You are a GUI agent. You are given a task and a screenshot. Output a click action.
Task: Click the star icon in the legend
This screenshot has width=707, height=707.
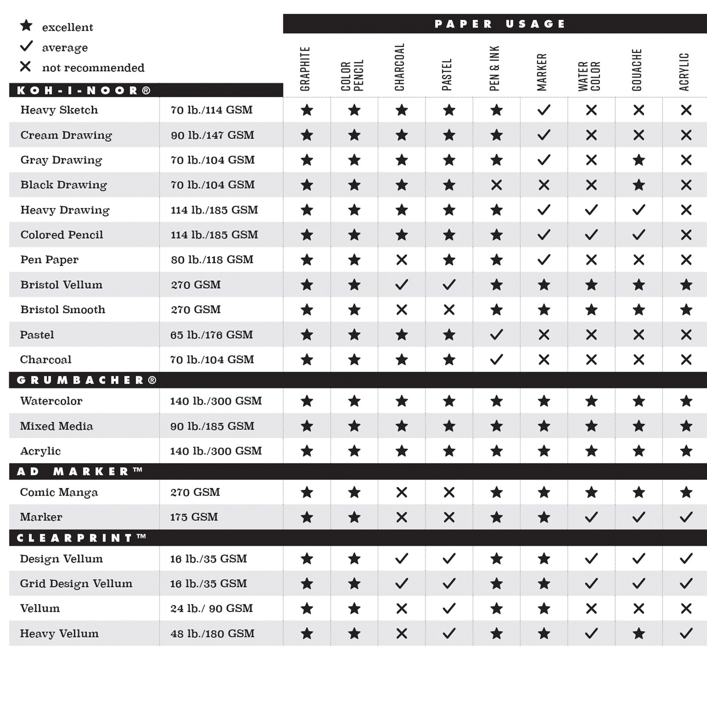click(x=26, y=26)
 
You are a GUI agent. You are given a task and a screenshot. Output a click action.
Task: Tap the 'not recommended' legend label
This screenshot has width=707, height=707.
click(x=93, y=68)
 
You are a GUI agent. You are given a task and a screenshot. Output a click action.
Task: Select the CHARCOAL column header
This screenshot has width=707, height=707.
click(x=400, y=67)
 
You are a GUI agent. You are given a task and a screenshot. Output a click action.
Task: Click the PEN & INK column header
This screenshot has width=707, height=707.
click(x=494, y=68)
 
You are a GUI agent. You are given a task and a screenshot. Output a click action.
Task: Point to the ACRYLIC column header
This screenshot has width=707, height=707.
click(x=684, y=72)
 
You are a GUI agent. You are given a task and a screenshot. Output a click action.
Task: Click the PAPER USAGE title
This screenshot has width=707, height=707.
click(x=500, y=24)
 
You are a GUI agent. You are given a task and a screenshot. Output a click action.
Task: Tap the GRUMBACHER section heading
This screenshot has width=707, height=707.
click(x=86, y=380)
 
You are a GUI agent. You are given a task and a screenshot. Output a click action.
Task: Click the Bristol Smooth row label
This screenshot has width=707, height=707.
click(x=63, y=310)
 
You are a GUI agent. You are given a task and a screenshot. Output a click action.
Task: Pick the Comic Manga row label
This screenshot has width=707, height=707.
click(x=59, y=492)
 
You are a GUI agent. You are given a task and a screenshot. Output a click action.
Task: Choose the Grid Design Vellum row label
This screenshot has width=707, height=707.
click(x=76, y=584)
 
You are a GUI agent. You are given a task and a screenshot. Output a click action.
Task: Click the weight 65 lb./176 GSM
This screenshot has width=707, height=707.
click(x=212, y=335)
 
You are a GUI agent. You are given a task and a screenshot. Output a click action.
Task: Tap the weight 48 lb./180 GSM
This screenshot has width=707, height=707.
click(x=212, y=634)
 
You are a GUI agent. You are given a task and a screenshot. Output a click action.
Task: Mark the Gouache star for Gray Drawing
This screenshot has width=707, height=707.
click(x=639, y=160)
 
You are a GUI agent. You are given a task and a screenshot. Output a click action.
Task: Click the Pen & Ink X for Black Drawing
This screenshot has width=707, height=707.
click(x=496, y=185)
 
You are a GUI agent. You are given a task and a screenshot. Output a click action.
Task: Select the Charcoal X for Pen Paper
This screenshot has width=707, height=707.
click(x=402, y=260)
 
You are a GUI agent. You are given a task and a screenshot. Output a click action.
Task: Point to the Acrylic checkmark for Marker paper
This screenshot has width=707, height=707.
click(x=686, y=517)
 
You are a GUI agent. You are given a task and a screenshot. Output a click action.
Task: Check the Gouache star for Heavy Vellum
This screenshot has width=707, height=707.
click(x=639, y=634)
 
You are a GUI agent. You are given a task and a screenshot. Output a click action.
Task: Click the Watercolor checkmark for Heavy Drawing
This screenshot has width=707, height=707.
click(x=591, y=210)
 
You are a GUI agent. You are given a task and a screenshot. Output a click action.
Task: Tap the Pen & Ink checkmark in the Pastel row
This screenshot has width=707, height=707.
click(x=496, y=335)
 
